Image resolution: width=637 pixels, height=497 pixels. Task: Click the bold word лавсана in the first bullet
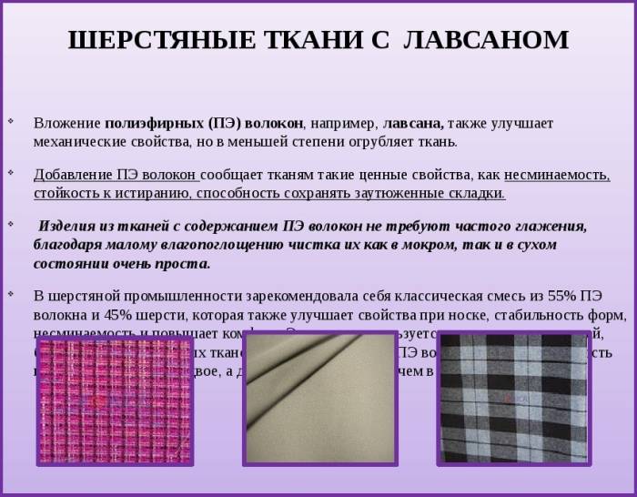413,122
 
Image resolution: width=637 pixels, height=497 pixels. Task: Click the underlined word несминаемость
557,175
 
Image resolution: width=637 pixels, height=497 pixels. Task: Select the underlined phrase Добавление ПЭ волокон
116,175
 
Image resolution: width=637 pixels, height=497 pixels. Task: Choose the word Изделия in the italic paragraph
67,227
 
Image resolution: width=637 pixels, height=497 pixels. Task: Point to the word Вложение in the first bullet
67,122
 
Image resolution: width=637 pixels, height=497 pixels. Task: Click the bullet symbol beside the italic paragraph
11,223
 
